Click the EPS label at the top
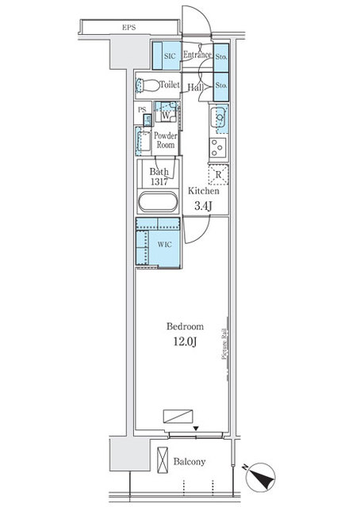pos(128,28)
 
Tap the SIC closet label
pos(170,56)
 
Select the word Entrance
pos(197,55)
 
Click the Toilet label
pos(170,85)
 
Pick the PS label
pos(142,109)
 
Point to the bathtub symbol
pos(159,202)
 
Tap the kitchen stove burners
pos(218,146)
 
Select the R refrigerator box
pos(217,175)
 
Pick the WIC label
pos(164,245)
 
